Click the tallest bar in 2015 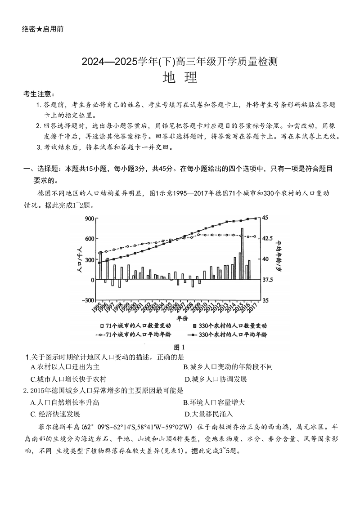[242, 254]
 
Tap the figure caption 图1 [180, 347]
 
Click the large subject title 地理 [180, 78]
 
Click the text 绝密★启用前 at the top [43, 29]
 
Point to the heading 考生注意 [39, 94]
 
